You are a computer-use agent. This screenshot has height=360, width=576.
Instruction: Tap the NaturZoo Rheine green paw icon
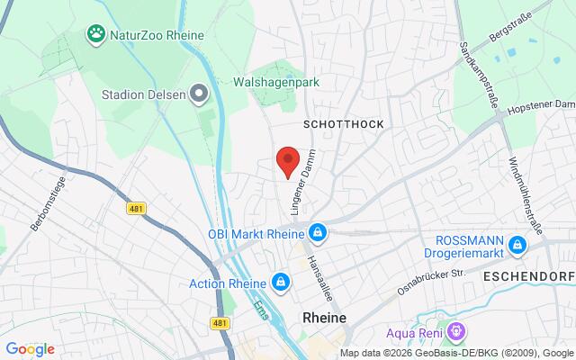coord(95,35)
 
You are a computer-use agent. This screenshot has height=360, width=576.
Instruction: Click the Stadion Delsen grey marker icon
coord(201,93)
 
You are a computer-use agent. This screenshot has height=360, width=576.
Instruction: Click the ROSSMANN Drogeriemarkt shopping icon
coord(517,245)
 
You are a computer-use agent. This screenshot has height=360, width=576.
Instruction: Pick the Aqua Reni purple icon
coord(457,332)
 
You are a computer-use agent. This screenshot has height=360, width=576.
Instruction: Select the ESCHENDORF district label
coord(529,275)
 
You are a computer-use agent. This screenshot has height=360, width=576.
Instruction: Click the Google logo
coord(31,349)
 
